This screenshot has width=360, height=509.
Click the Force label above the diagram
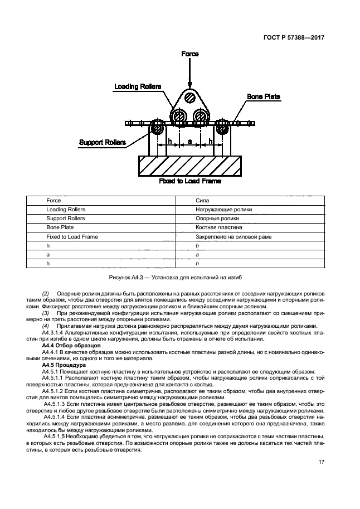coord(189,54)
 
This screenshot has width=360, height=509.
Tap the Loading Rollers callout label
coord(138,86)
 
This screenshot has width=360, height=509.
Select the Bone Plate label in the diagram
coord(264,97)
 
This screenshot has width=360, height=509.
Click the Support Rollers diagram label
coord(102,142)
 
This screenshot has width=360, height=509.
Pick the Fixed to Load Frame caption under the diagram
coord(189,181)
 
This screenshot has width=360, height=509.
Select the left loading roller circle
coord(179,118)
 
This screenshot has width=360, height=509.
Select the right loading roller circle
coord(200,118)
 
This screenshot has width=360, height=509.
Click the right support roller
coord(223,128)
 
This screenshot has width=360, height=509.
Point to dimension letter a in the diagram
coord(190,142)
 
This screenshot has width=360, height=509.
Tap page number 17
coord(322,461)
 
